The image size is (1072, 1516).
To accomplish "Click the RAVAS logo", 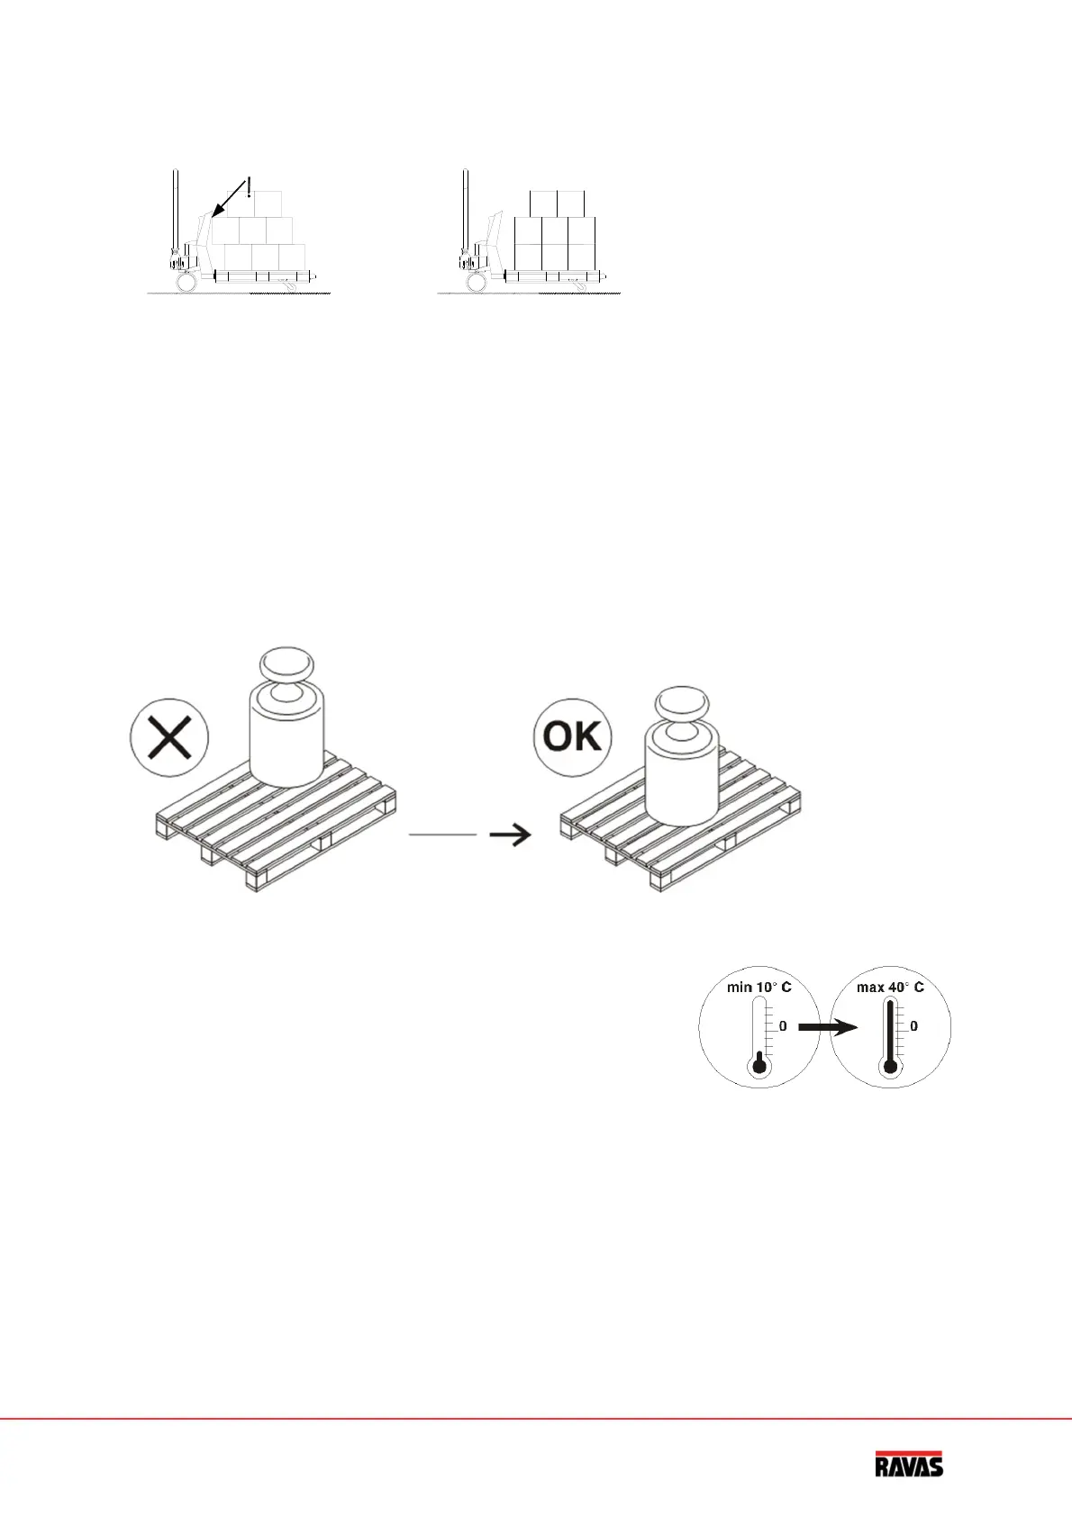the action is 909,1465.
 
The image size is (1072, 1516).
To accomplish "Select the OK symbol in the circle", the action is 572,736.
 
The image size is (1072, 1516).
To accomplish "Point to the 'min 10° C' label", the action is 759,987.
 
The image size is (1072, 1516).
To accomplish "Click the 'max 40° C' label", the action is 890,987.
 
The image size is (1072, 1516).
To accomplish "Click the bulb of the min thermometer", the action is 759,1066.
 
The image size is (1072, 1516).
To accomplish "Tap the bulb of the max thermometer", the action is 891,1067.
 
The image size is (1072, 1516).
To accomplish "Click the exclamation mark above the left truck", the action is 248,187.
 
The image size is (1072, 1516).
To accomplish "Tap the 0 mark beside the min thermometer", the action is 783,1026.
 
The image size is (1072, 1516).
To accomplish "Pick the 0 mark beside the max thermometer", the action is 913,1026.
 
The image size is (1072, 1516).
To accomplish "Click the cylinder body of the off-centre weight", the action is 286,746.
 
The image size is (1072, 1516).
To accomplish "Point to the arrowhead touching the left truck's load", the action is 216,212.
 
